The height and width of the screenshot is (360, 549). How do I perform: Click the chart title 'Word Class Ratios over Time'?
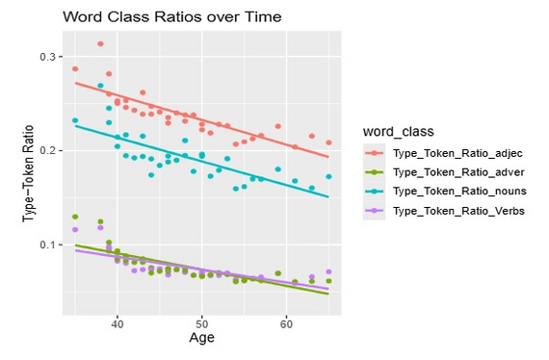pyautogui.click(x=158, y=18)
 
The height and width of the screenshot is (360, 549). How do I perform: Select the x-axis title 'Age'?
pyautogui.click(x=201, y=338)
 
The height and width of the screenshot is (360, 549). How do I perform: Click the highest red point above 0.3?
pyautogui.click(x=100, y=43)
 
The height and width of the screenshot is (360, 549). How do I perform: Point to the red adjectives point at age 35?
pyautogui.click(x=75, y=68)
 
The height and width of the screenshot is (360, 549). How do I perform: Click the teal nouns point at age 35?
pyautogui.click(x=75, y=120)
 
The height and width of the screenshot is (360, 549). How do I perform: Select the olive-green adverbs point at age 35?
pyautogui.click(x=75, y=217)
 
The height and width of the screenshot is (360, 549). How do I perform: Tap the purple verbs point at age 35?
pyautogui.click(x=75, y=229)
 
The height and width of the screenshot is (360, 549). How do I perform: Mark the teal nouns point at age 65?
pyautogui.click(x=328, y=176)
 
